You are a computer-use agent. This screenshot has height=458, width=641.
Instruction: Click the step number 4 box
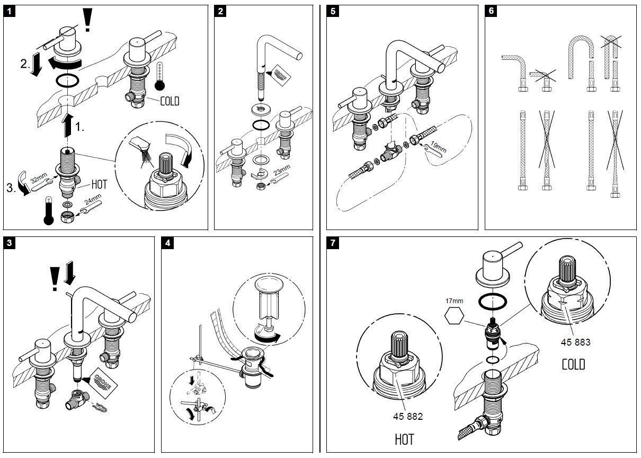coord(168,244)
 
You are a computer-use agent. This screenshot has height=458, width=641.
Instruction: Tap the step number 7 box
coord(333,244)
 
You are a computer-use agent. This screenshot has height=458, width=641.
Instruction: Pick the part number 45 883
coord(575,342)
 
